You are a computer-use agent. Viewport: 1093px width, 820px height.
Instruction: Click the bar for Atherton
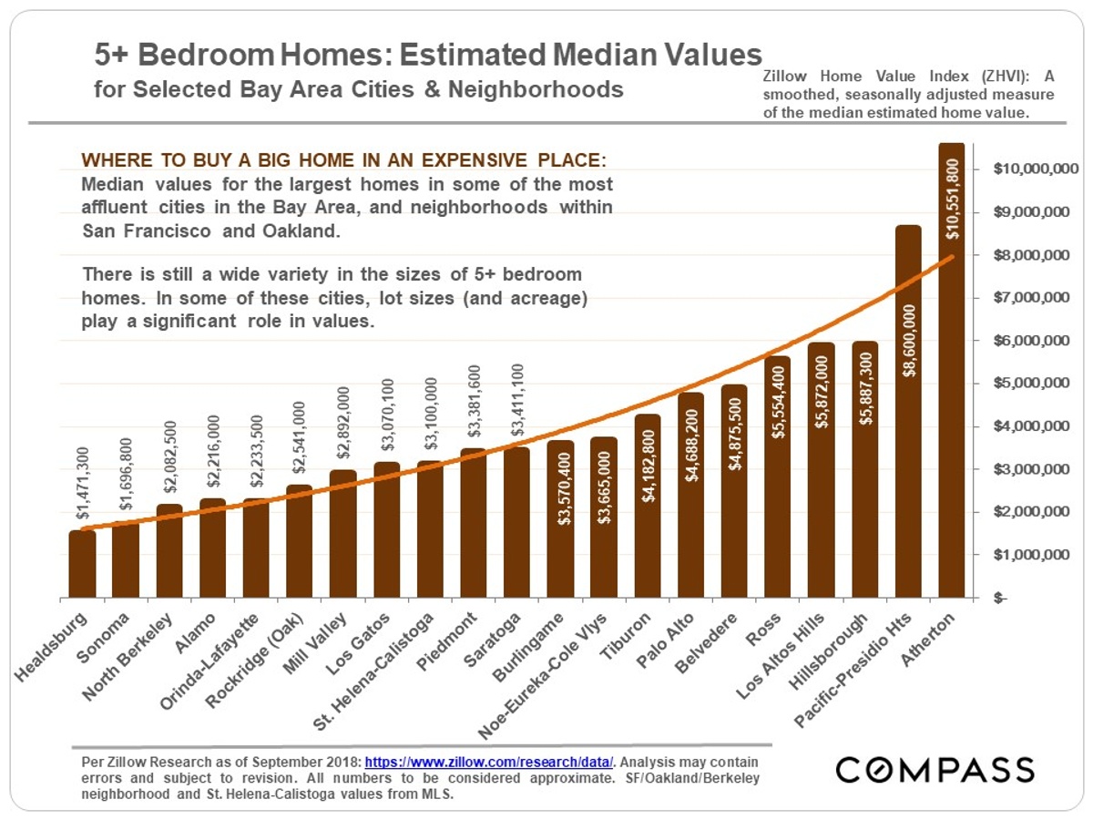(x=951, y=410)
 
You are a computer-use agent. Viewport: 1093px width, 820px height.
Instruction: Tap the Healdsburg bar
(x=82, y=565)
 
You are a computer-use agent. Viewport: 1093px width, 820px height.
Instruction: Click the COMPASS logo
(x=935, y=770)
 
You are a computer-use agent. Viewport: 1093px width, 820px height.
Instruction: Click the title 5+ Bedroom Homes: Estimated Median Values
(x=428, y=56)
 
